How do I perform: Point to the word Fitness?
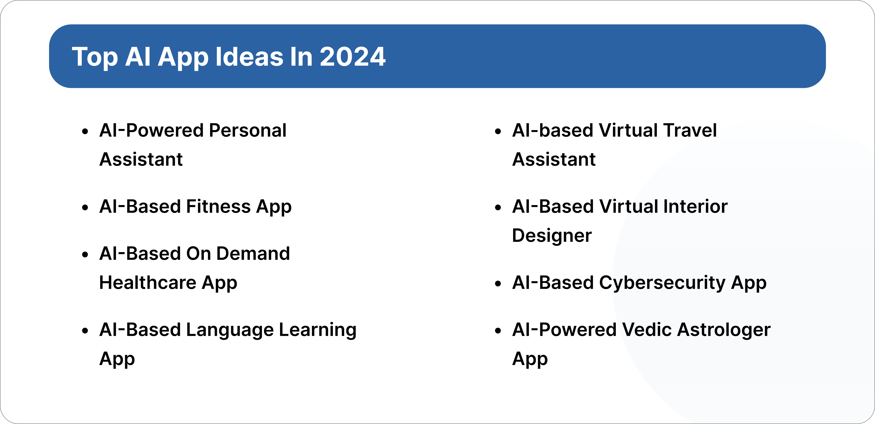point(218,206)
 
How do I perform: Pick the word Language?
point(230,330)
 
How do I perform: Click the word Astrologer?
point(724,330)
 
